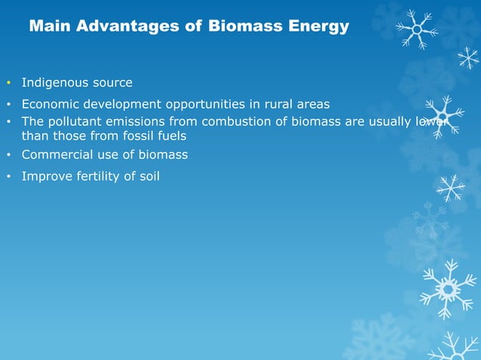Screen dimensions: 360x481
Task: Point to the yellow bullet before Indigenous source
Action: click(x=8, y=82)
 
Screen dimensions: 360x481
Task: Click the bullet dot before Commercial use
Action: click(x=8, y=155)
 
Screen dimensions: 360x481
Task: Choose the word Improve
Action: click(x=46, y=177)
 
